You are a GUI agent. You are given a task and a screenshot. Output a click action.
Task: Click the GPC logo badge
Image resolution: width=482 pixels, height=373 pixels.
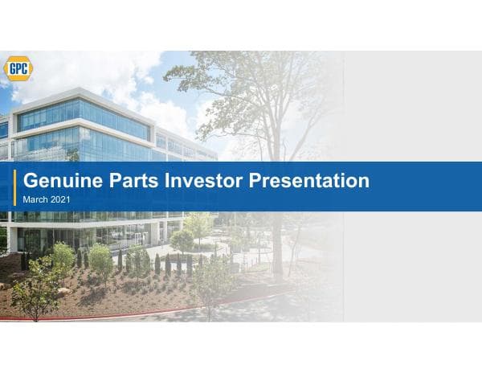click(x=18, y=68)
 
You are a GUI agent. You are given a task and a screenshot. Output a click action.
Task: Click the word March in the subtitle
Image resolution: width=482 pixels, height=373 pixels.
click(x=35, y=199)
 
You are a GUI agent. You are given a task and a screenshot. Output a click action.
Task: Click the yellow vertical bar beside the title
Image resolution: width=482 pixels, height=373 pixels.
click(x=15, y=186)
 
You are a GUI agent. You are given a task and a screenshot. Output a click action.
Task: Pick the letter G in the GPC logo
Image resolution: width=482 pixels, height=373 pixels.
click(x=10, y=68)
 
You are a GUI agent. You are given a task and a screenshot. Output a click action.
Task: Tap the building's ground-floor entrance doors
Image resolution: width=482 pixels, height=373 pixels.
click(x=129, y=236)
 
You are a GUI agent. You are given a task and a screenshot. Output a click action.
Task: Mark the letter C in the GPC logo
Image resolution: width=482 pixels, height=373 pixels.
click(x=25, y=68)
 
